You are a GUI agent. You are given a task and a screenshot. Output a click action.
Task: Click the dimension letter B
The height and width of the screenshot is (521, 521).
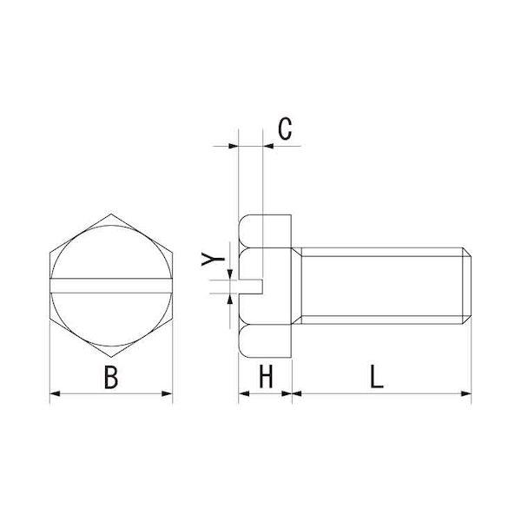[x=110, y=378]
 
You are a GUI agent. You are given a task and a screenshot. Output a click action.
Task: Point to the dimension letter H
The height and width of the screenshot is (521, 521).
[x=266, y=378]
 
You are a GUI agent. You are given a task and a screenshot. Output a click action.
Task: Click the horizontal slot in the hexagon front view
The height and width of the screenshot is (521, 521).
[x=111, y=284]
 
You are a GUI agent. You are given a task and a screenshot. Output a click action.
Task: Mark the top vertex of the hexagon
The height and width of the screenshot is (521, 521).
[x=111, y=213]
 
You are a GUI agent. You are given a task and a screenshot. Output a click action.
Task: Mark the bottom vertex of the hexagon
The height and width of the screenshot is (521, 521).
[x=111, y=356]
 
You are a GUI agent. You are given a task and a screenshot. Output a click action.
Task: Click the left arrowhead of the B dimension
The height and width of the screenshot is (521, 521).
[x=54, y=395]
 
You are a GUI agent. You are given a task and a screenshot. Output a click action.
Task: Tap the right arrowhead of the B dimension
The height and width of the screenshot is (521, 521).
[x=168, y=395]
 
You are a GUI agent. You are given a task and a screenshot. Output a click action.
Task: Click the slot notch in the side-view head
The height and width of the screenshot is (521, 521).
[x=253, y=284]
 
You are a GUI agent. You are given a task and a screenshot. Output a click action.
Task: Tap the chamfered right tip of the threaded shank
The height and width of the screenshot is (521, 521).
[x=469, y=284]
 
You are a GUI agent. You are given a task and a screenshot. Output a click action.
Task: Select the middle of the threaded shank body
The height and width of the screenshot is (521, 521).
[x=382, y=284]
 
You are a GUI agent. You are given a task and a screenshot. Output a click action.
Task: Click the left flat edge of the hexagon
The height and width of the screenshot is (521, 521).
[x=49, y=284]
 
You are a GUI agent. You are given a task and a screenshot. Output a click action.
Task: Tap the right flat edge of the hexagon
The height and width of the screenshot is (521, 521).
[x=173, y=284]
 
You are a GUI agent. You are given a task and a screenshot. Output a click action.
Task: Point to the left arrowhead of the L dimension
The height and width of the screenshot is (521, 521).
[x=296, y=395]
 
